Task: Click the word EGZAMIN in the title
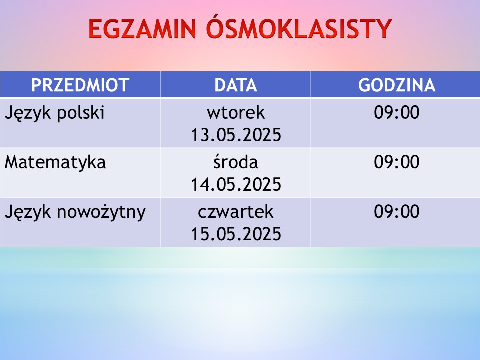pos(142,29)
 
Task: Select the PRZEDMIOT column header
pos(80,85)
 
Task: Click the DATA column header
pos(235,85)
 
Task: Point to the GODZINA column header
pos(396,85)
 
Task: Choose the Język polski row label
pos(55,113)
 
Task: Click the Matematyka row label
pos(55,163)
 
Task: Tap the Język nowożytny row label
pos(75,212)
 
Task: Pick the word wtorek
pos(236,113)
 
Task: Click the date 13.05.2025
pos(236,135)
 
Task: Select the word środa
pos(235,162)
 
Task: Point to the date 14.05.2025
pos(236,184)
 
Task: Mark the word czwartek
pos(235,212)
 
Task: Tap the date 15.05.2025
pos(236,234)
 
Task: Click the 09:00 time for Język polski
pos(396,112)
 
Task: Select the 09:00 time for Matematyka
pos(396,162)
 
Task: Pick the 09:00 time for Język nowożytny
pos(396,211)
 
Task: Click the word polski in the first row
pos(81,113)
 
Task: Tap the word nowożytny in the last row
pos(101,212)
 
